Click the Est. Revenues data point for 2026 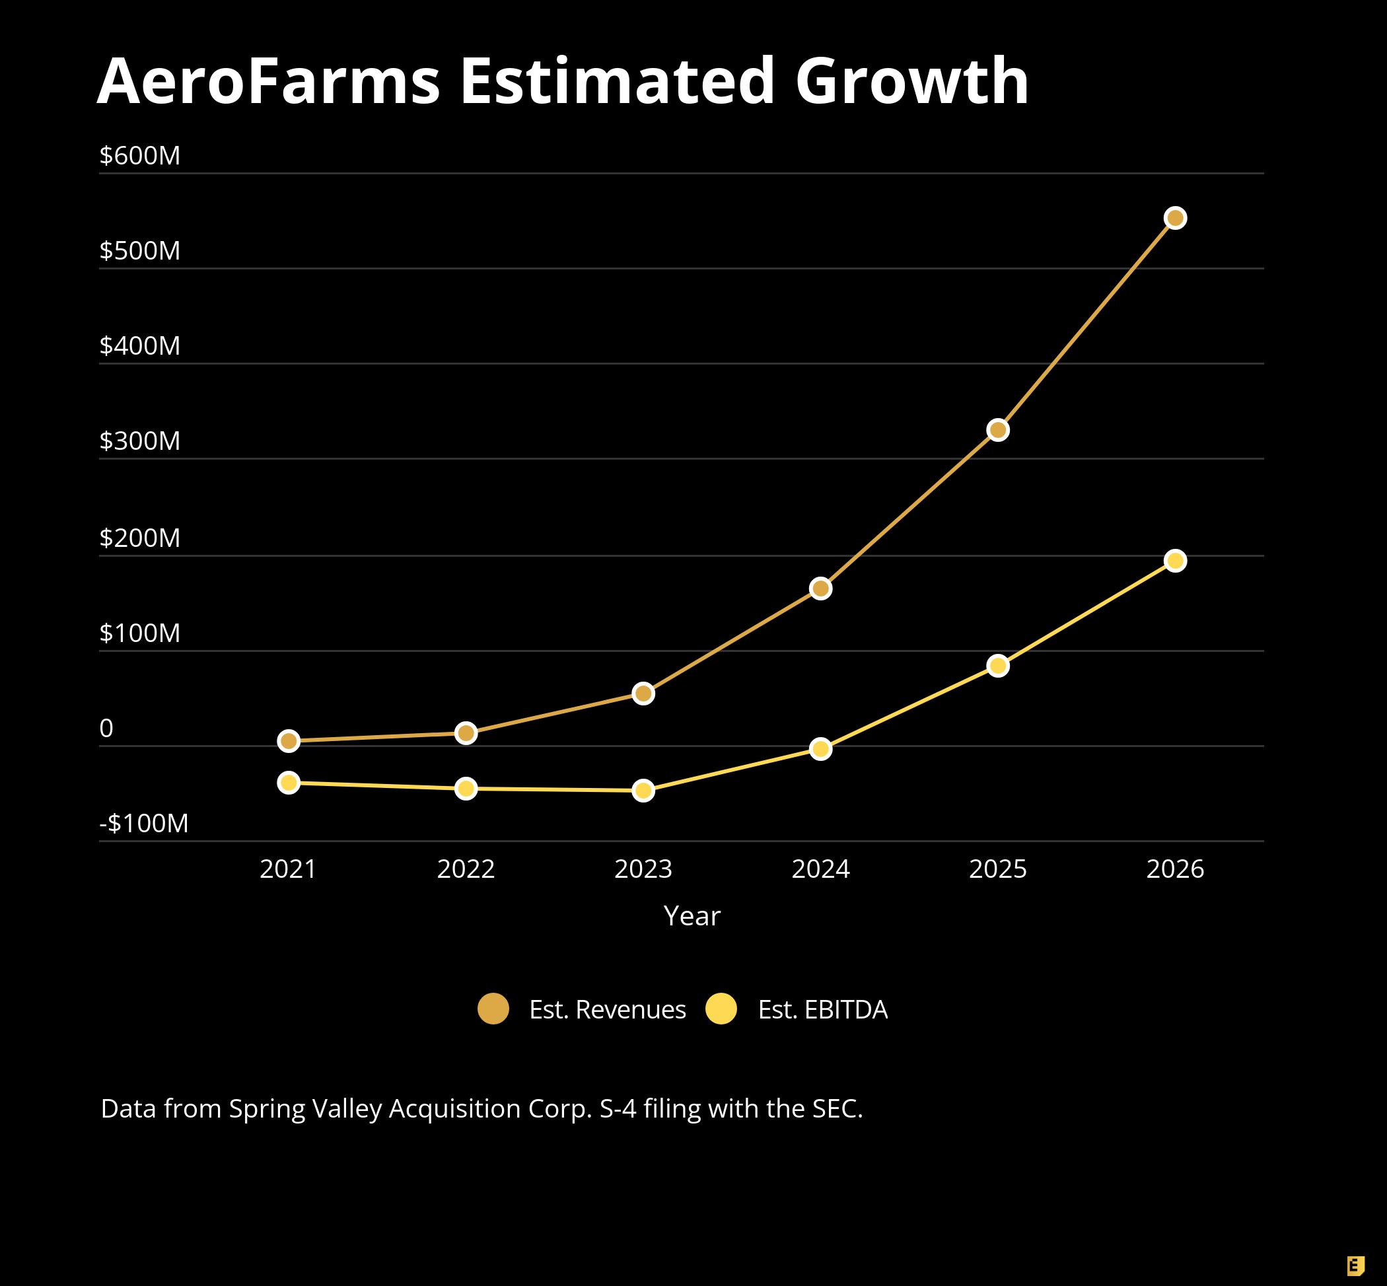(1175, 218)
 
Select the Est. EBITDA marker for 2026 (1175, 560)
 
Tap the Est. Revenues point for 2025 (997, 430)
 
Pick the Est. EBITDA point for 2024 (820, 749)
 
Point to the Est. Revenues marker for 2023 (643, 693)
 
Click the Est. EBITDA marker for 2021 (288, 782)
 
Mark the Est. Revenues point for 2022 (466, 732)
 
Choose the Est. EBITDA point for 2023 (643, 791)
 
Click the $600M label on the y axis (140, 155)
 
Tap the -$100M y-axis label (144, 823)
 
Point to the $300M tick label (140, 441)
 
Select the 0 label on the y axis (106, 728)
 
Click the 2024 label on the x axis (820, 869)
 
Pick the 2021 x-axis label (288, 869)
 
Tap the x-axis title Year (692, 915)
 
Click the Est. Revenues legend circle (493, 1009)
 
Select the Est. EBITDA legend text (822, 1010)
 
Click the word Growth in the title (911, 81)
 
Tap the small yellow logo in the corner (1355, 1266)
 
